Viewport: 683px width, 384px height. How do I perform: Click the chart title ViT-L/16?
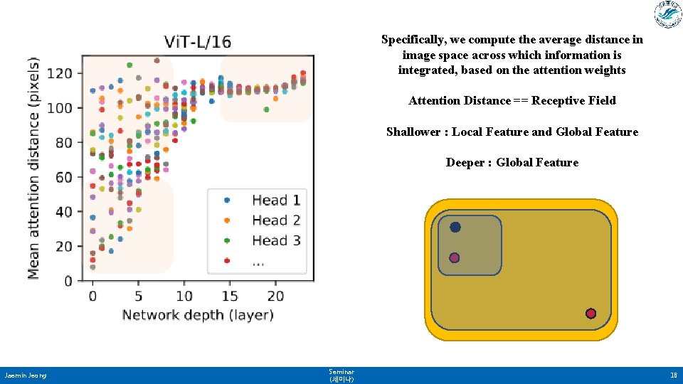point(197,42)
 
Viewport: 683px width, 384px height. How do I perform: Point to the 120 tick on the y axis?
point(60,73)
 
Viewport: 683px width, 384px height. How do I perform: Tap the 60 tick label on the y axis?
point(64,177)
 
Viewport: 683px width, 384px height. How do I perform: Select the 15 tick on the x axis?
point(230,296)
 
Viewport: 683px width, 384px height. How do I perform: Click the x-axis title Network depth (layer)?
point(198,314)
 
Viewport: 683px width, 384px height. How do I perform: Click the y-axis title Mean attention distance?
point(34,169)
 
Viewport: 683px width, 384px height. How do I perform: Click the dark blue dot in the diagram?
point(455,228)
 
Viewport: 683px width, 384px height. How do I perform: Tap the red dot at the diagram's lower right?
point(591,314)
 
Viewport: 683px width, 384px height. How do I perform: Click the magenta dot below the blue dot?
point(455,257)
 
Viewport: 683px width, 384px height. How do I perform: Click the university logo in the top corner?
point(667,15)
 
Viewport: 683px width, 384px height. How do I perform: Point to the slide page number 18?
point(673,375)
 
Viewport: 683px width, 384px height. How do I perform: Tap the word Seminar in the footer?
point(341,371)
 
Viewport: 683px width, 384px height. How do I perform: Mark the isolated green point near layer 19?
point(266,110)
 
